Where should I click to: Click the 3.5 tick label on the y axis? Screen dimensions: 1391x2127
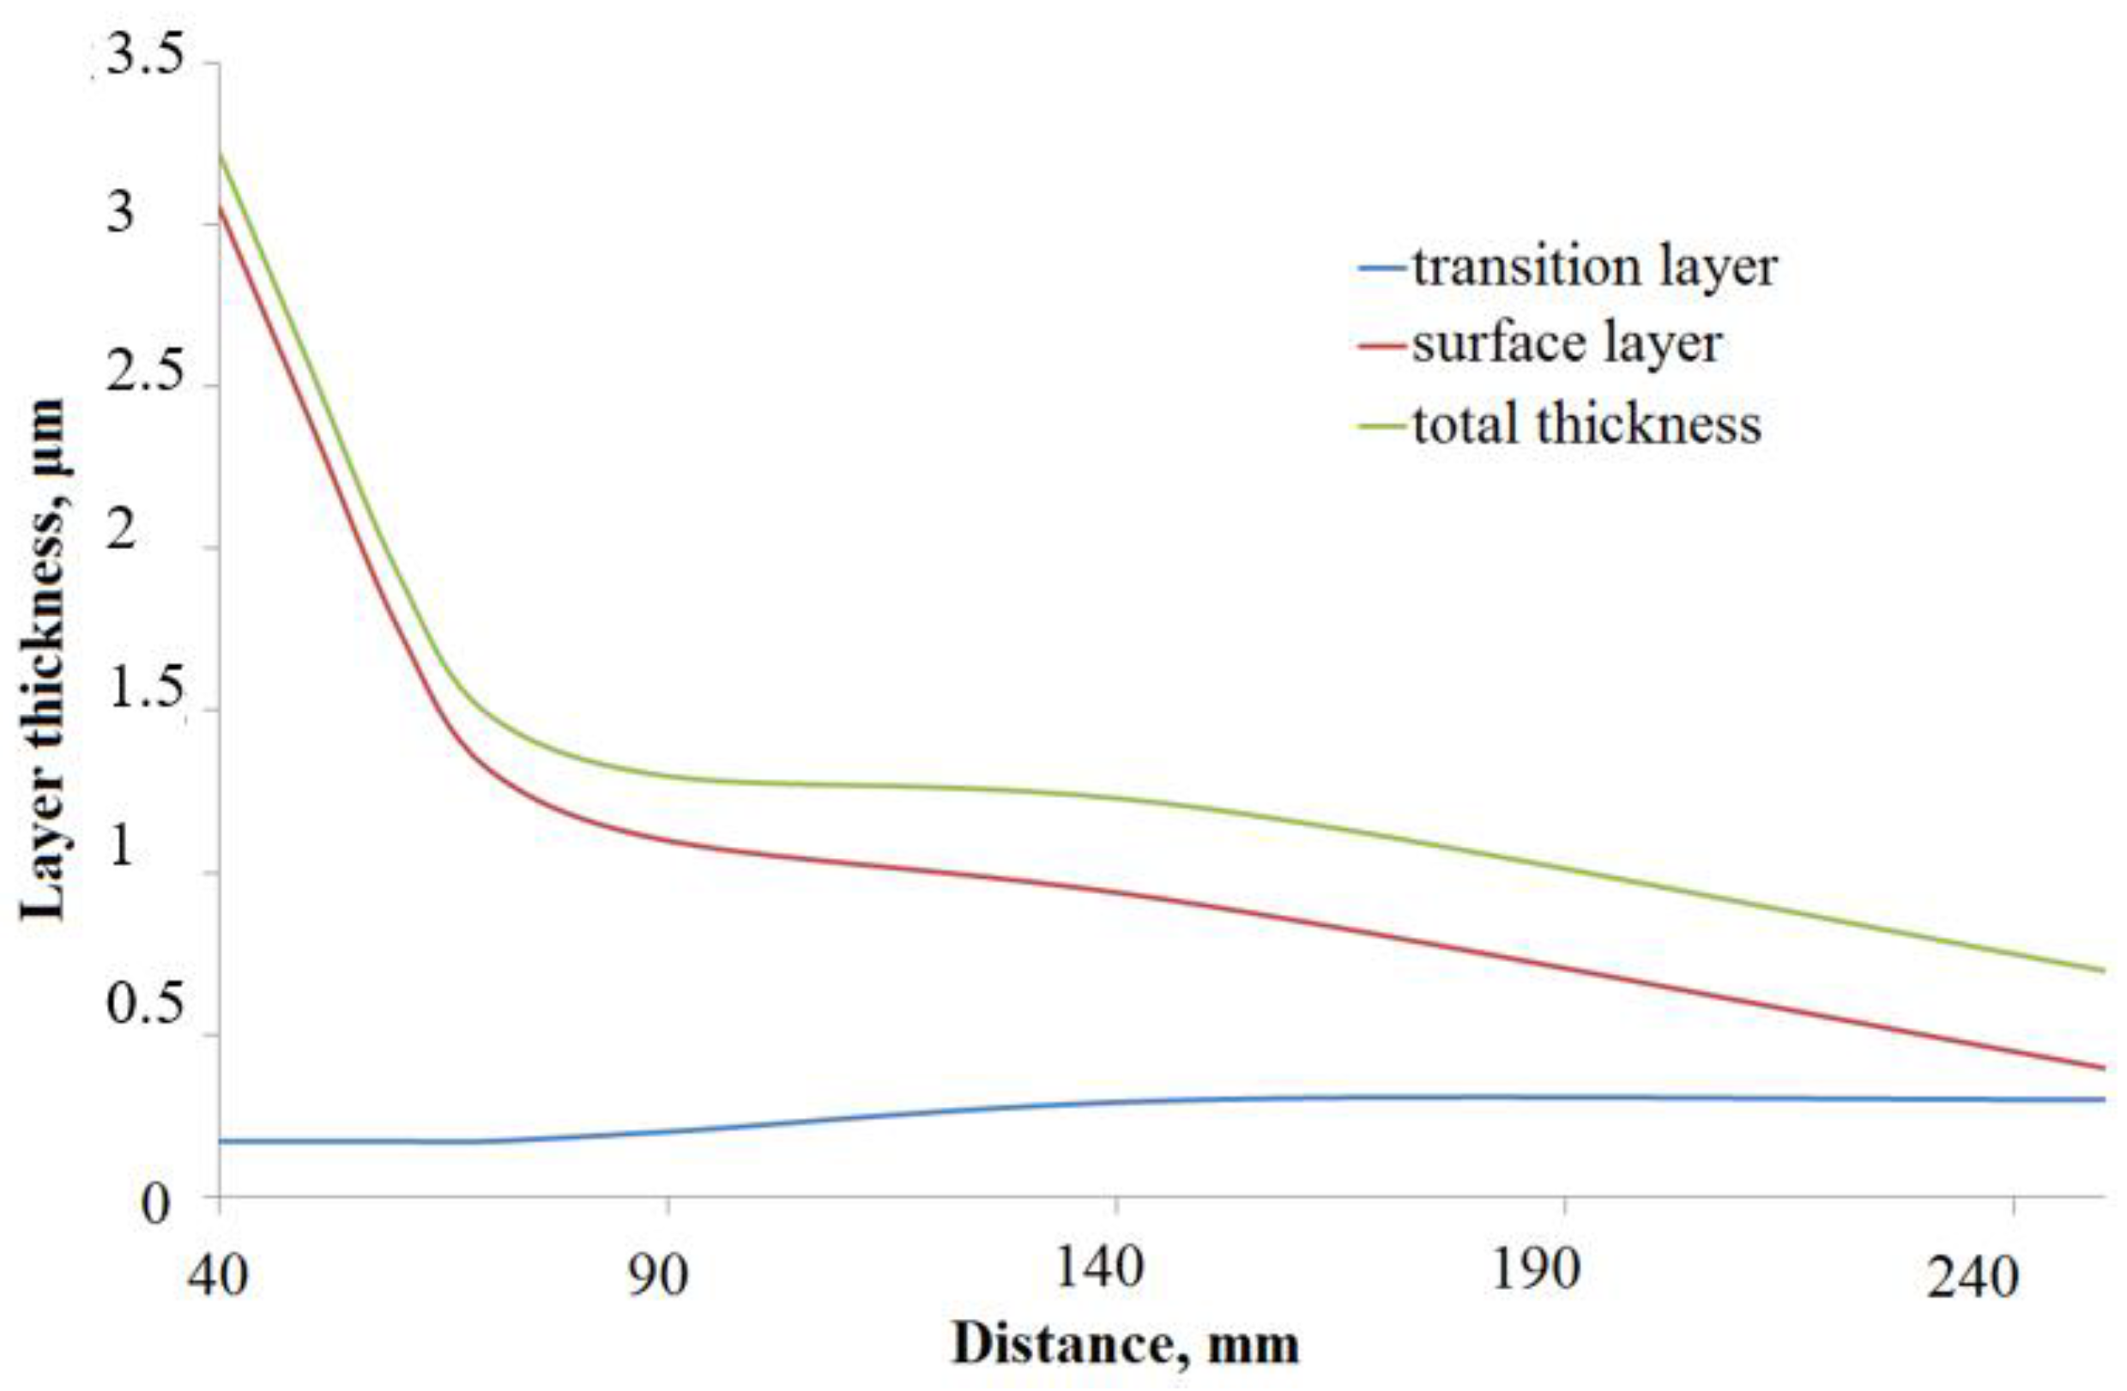pyautogui.click(x=145, y=58)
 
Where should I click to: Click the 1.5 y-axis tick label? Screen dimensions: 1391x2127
pyautogui.click(x=145, y=691)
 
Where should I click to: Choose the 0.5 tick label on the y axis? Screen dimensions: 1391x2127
pyautogui.click(x=145, y=1007)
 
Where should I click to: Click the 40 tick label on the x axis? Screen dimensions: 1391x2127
pyautogui.click(x=216, y=1276)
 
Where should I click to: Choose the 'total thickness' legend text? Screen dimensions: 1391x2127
pyautogui.click(x=1586, y=424)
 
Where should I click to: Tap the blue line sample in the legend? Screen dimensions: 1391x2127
pyautogui.click(x=1381, y=267)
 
